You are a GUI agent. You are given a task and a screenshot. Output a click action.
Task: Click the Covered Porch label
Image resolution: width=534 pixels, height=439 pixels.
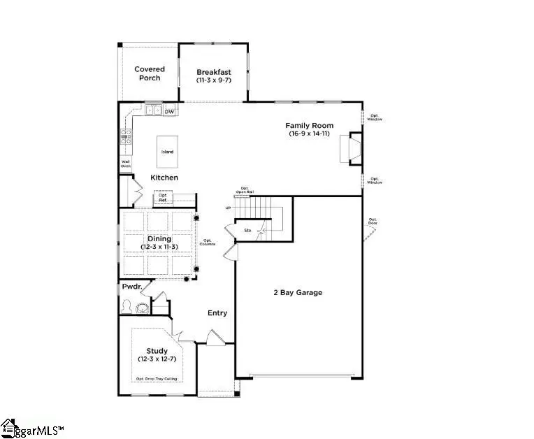(x=149, y=73)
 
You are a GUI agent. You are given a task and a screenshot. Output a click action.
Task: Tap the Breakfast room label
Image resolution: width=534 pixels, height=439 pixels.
(x=213, y=76)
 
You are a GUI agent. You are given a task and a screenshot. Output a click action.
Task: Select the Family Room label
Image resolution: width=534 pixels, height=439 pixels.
(x=309, y=129)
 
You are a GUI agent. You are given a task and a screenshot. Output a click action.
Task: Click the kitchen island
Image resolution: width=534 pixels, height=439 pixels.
(x=167, y=152)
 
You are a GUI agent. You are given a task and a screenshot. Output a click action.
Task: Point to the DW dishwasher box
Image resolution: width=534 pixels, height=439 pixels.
(x=169, y=111)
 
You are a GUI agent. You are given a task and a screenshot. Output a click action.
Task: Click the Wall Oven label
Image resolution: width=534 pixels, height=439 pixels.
(x=126, y=164)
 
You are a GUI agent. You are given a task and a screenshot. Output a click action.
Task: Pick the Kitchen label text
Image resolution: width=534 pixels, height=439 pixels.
(x=164, y=178)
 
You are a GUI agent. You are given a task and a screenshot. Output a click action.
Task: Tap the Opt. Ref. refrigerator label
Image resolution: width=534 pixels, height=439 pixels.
(x=163, y=198)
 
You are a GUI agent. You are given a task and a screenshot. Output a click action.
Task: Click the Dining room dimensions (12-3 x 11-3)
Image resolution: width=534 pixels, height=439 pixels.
(x=157, y=247)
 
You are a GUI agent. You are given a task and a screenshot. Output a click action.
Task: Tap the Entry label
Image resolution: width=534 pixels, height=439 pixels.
(x=217, y=313)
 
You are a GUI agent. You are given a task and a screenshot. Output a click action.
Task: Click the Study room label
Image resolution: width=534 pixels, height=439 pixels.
(x=157, y=351)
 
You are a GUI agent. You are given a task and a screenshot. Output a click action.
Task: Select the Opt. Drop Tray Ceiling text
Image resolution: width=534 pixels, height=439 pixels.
(x=157, y=379)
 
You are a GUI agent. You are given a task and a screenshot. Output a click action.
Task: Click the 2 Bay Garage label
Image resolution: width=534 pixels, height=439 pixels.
(x=298, y=292)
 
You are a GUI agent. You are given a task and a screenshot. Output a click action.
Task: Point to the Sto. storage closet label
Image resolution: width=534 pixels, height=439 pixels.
(x=247, y=230)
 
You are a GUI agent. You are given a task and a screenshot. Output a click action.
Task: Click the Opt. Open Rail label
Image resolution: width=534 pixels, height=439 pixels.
(x=245, y=190)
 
